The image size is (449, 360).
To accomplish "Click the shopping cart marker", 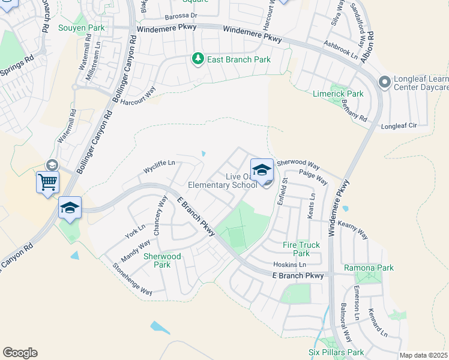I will point(47,181).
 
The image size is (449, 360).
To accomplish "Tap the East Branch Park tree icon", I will point(197,59).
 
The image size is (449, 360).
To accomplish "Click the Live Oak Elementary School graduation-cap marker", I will point(262,170).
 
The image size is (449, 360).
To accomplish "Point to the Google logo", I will point(20,353).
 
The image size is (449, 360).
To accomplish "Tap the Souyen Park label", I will point(81,28).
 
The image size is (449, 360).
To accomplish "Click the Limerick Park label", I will point(338,94).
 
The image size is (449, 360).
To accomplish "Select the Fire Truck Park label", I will point(301,249).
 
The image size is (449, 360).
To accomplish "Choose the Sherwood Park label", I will point(162,260).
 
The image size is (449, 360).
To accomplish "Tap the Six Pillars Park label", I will point(336,352).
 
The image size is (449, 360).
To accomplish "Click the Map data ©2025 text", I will point(424,355).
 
